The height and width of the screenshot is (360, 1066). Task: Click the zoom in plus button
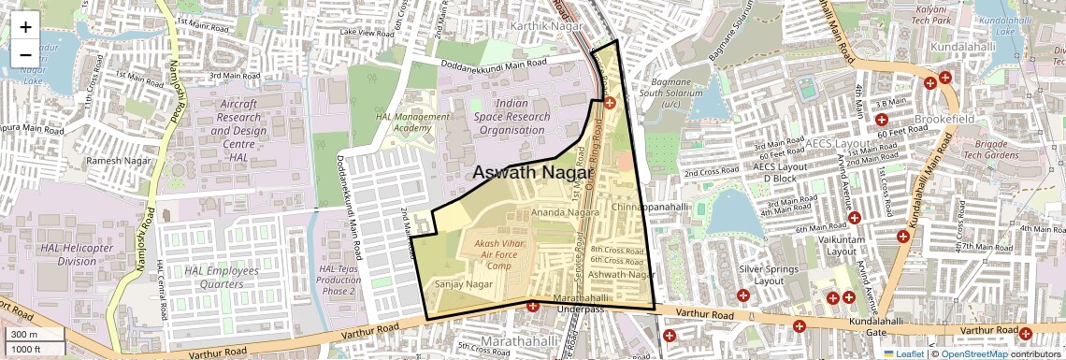tap(25, 26)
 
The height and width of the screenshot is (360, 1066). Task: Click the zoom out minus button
tap(25, 54)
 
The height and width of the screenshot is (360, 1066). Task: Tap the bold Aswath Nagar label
tap(533, 173)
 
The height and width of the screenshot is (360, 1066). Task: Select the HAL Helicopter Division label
tap(77, 254)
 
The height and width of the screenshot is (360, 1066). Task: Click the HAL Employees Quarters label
tap(221, 277)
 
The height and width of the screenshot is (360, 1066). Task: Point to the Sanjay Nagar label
tap(464, 283)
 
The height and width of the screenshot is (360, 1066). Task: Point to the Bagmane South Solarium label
tap(670, 94)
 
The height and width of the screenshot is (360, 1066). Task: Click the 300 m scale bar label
tap(24, 334)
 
